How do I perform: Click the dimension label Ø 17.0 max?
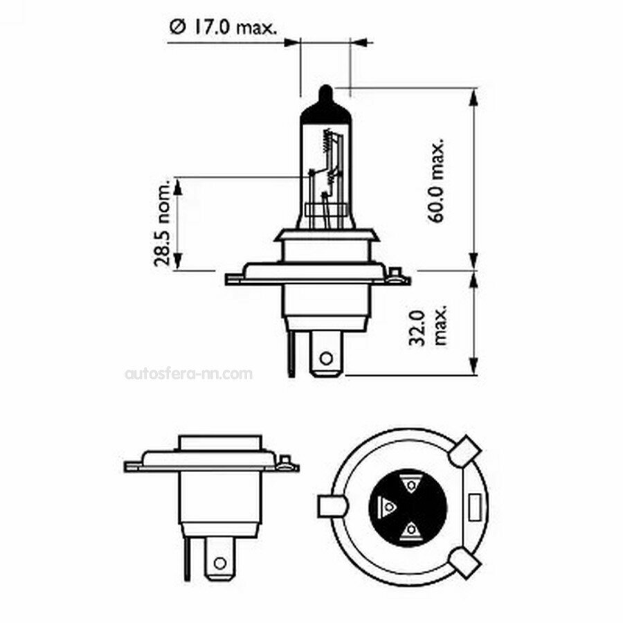point(223,27)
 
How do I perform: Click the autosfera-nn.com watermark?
point(188,374)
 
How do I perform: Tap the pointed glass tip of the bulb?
point(325,93)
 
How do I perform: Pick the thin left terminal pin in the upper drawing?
point(291,353)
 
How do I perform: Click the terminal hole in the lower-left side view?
point(221,561)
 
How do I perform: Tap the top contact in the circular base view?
point(411,483)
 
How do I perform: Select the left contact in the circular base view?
point(388,507)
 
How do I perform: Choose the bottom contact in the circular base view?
point(411,531)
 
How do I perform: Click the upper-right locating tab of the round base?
point(464,451)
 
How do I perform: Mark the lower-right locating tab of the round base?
point(464,563)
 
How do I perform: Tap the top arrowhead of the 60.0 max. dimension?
point(474,97)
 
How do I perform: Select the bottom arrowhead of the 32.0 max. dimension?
point(474,366)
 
